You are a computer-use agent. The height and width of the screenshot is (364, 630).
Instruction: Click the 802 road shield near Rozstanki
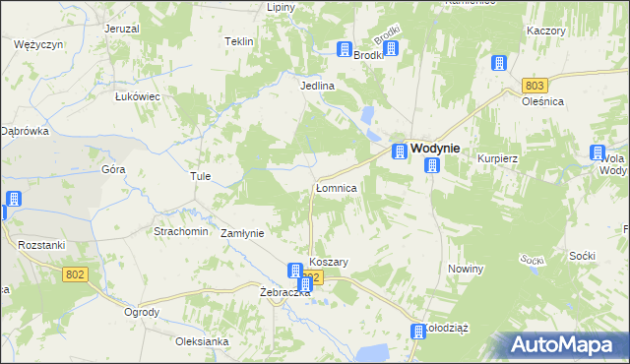75,274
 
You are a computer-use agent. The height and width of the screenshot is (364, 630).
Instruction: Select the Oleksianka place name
202,341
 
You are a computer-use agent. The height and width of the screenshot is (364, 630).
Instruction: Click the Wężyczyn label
39,45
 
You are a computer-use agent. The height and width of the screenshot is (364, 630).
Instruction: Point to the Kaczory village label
546,30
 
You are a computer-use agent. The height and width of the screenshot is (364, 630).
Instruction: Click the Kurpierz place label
498,158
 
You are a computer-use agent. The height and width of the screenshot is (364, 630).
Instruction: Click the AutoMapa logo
565,344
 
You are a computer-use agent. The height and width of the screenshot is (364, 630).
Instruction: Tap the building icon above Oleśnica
499,63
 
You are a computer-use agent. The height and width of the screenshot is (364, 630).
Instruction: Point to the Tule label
201,177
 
